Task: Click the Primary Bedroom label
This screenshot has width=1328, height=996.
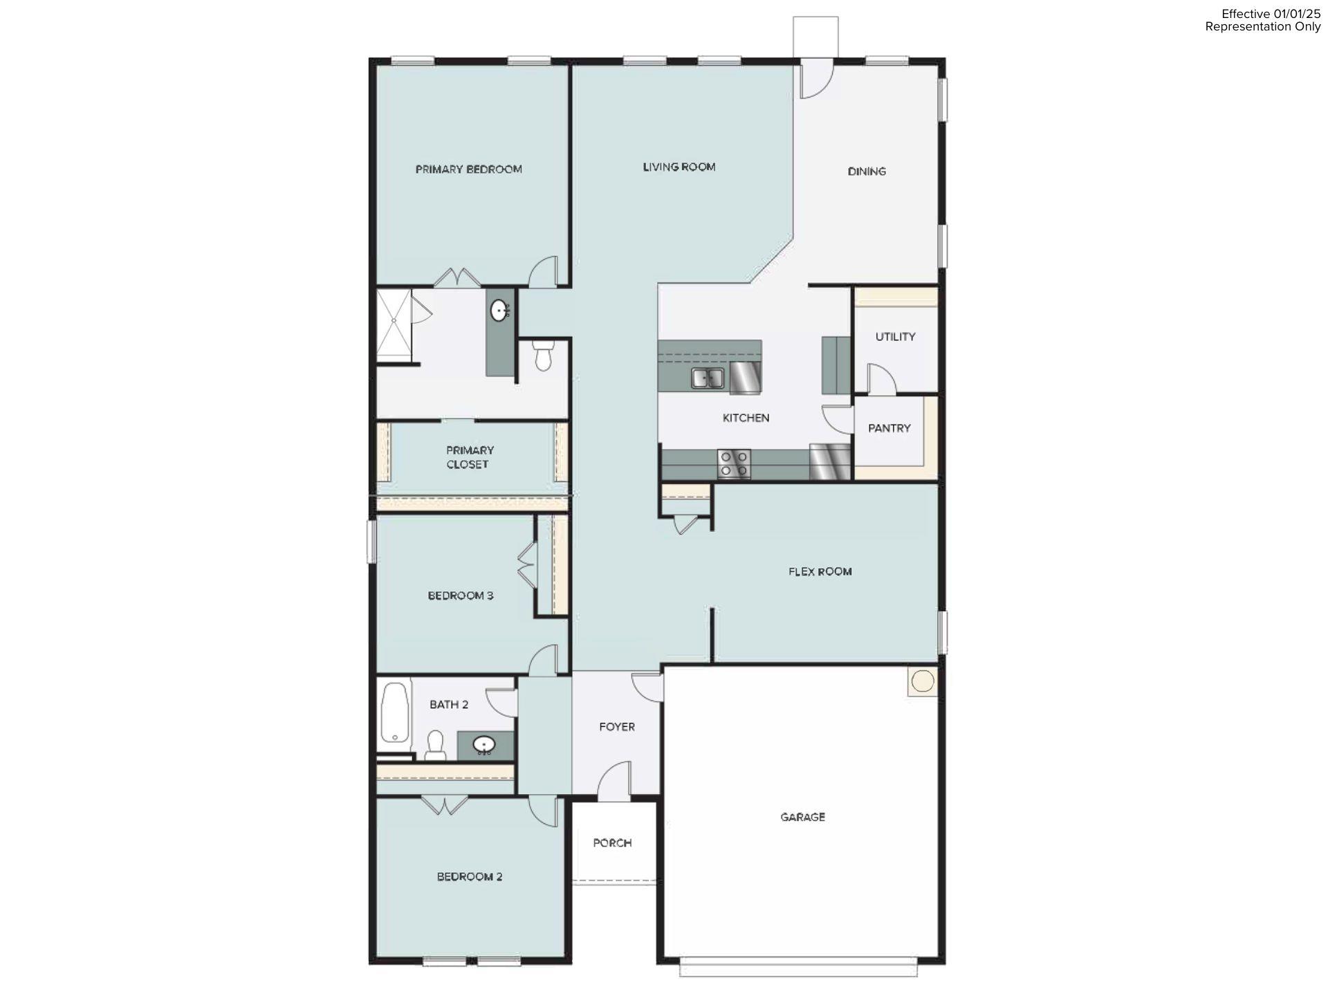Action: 468,169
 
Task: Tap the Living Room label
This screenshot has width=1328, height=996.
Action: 679,167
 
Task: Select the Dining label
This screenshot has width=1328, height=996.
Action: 866,172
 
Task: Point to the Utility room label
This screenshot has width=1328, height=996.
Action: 895,337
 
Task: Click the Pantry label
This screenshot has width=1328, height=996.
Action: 889,428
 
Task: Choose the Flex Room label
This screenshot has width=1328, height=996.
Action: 820,571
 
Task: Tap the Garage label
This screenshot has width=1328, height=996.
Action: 802,817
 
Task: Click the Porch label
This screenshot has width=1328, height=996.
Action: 612,842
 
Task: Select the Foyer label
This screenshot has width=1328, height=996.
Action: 616,727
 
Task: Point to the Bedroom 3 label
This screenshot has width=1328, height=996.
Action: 460,596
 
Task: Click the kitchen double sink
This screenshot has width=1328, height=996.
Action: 707,378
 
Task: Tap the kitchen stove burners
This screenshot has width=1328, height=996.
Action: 734,463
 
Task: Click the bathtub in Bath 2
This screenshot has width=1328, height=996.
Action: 394,713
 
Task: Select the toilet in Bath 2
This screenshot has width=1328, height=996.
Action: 434,744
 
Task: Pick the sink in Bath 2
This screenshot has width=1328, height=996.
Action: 483,745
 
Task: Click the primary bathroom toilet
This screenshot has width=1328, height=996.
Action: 543,355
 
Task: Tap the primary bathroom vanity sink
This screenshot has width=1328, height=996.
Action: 499,311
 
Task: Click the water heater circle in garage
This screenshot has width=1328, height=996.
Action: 922,681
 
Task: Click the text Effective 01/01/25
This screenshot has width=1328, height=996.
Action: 1271,14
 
